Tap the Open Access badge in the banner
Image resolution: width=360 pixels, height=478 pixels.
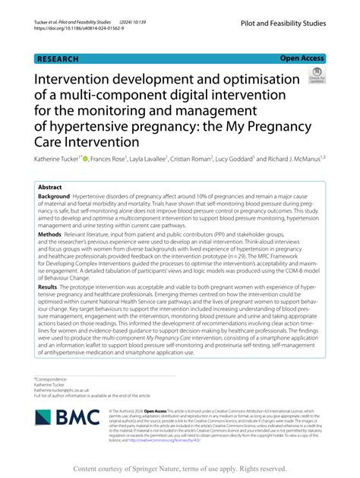[x=302, y=57]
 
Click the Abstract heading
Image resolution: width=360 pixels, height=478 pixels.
[x=50, y=185]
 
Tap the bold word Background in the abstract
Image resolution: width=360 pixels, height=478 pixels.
[x=54, y=196]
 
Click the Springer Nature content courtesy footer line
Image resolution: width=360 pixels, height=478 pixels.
[x=180, y=468]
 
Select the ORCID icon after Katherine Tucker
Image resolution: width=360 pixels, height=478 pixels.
[x=86, y=159]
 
